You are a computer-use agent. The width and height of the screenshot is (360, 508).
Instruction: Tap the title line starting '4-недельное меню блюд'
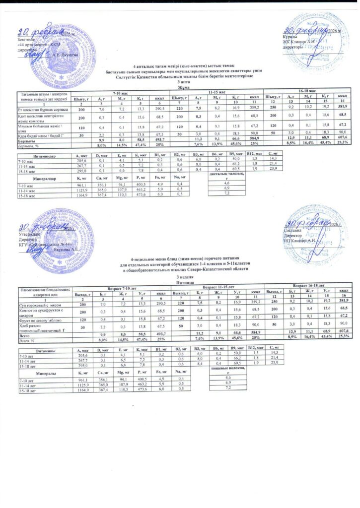point(185,259)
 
